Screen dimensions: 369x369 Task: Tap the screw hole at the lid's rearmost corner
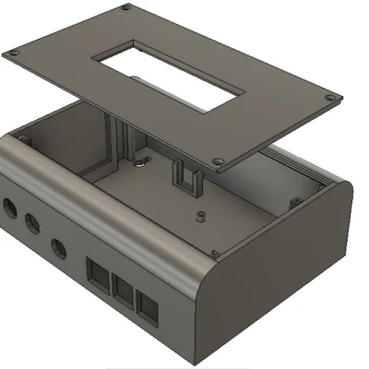tap(125, 8)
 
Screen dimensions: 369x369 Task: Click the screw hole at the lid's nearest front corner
tap(218, 162)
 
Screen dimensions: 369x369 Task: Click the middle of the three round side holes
tap(31, 223)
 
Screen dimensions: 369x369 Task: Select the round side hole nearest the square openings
tap(60, 247)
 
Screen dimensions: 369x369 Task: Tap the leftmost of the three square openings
tap(98, 272)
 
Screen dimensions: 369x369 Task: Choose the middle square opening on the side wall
tap(122, 289)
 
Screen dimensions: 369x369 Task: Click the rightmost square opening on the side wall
tap(147, 306)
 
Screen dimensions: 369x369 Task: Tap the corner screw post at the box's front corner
tap(215, 253)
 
